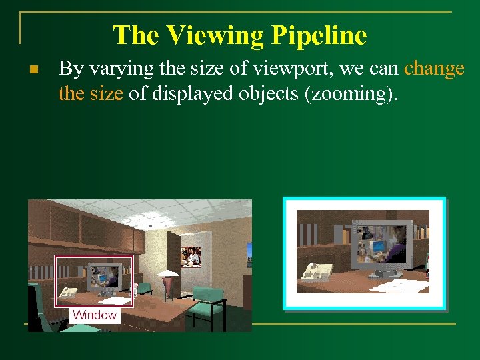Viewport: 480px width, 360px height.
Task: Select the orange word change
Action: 434,69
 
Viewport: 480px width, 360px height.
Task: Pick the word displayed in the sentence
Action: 190,93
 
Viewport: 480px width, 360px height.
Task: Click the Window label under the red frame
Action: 95,315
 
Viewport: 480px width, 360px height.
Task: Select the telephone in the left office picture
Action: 69,291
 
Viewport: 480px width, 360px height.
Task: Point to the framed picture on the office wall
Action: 191,257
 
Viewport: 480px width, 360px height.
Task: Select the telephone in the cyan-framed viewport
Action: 317,271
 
